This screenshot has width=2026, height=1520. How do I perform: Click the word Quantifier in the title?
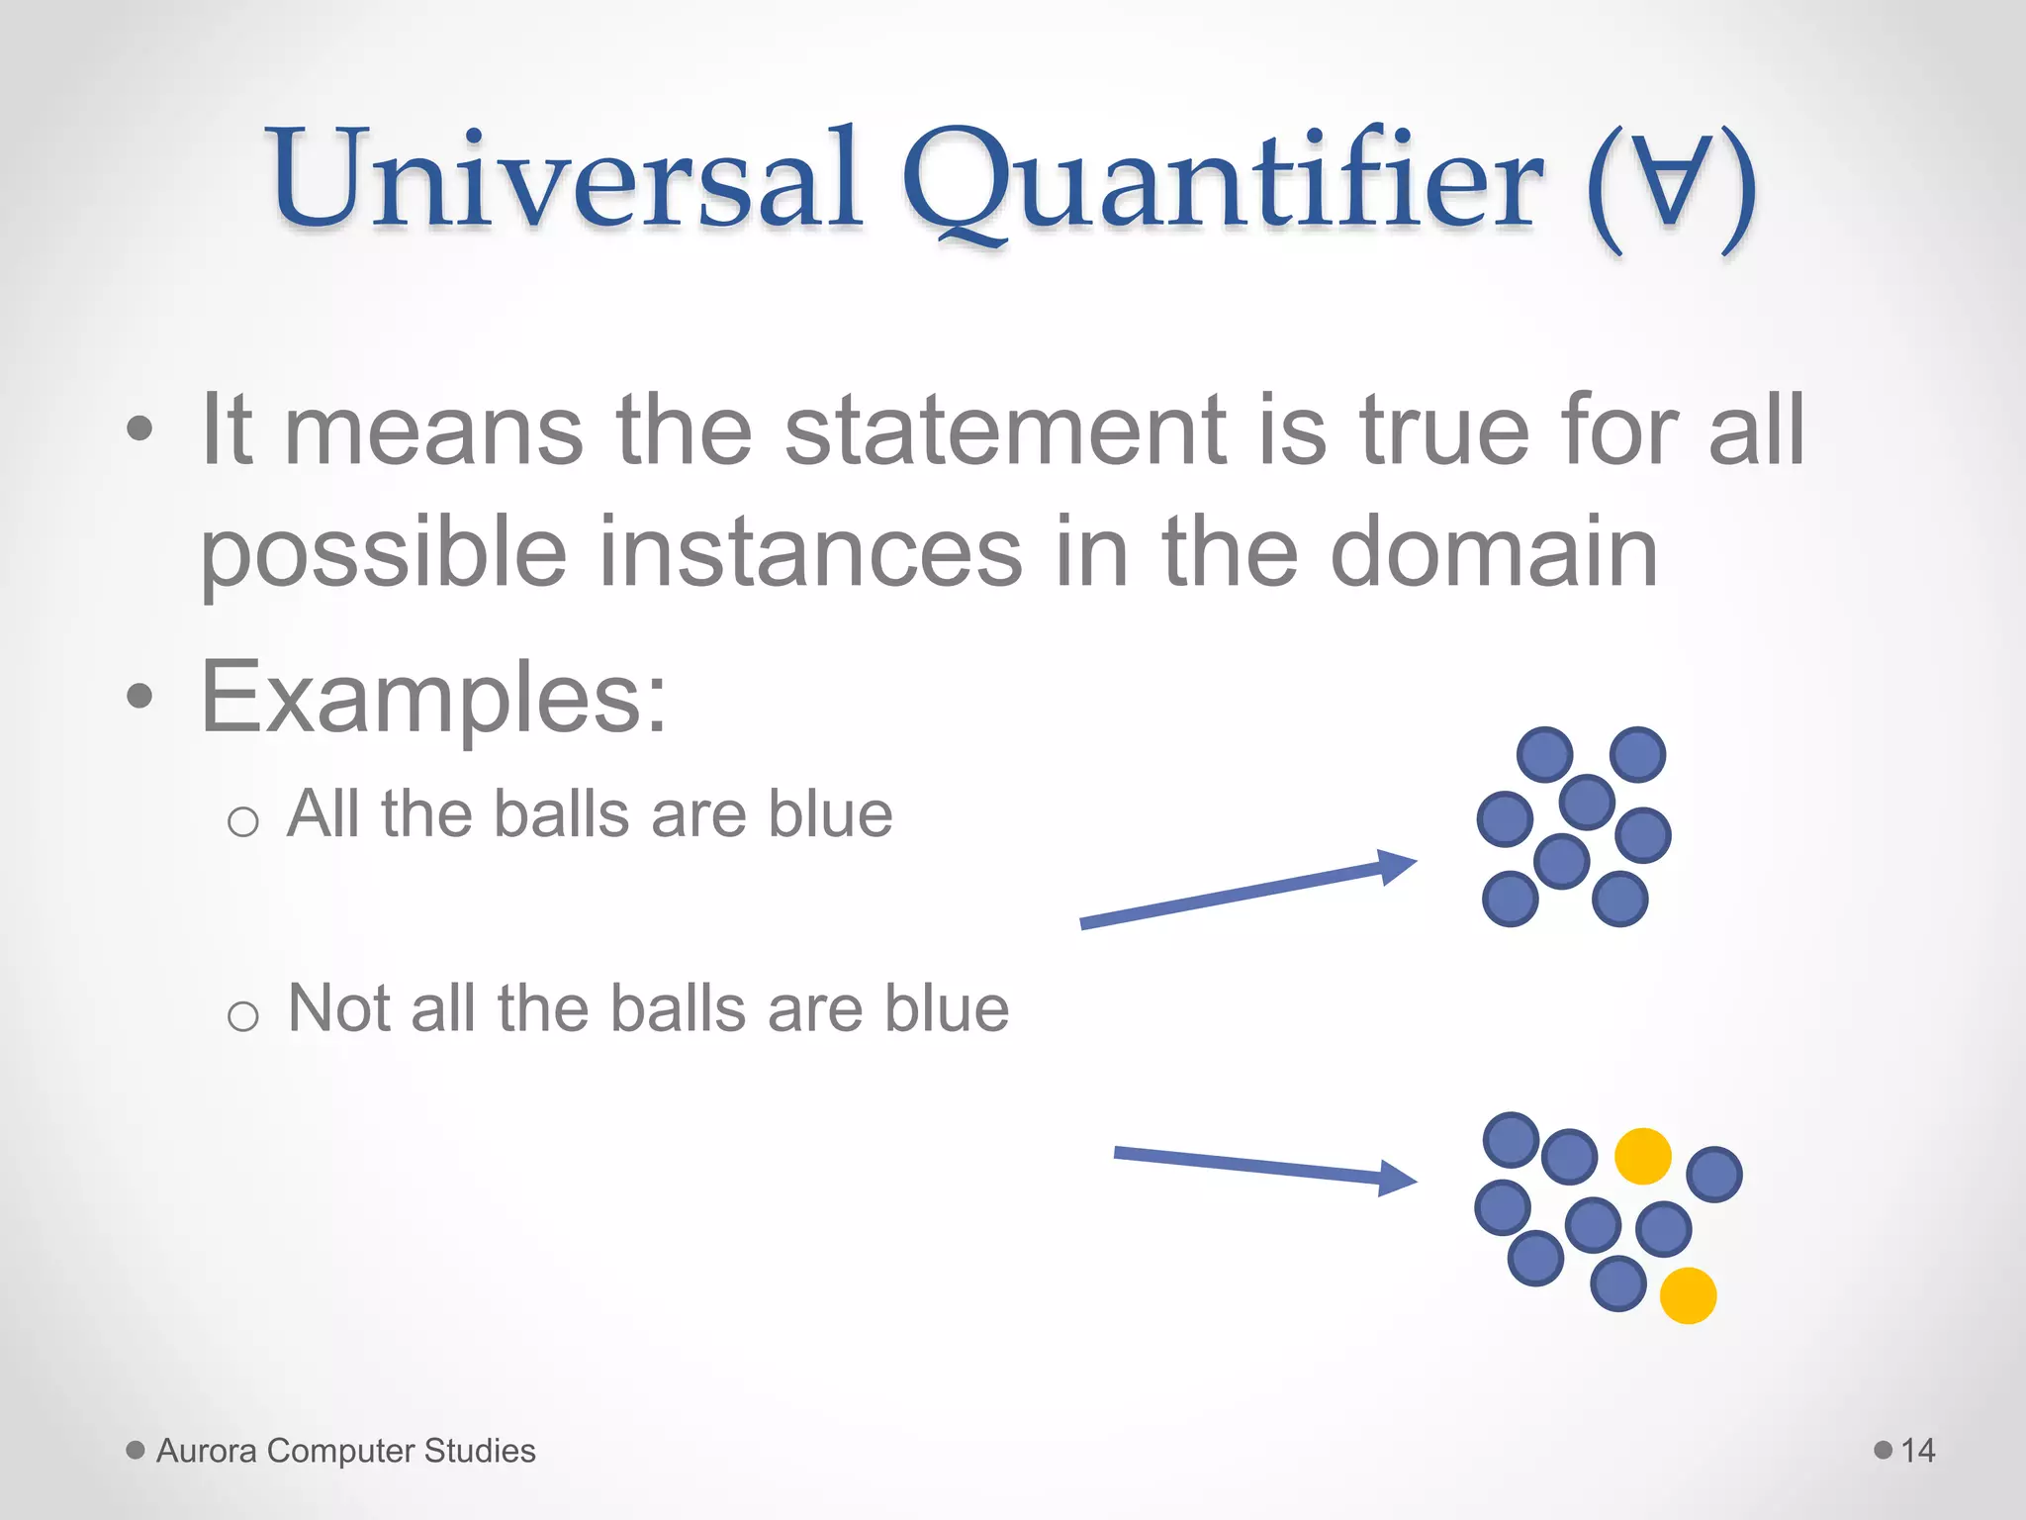point(1222,183)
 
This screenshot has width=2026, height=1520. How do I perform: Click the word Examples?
point(433,700)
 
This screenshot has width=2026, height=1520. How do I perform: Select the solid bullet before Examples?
point(140,697)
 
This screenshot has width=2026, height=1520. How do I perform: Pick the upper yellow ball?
point(1642,1156)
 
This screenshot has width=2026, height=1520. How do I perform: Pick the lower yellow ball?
point(1687,1295)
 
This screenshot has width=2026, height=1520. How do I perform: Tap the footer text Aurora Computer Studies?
point(345,1451)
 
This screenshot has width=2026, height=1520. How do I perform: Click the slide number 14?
point(1917,1451)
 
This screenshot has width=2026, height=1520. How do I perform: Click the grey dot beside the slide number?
point(1884,1451)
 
